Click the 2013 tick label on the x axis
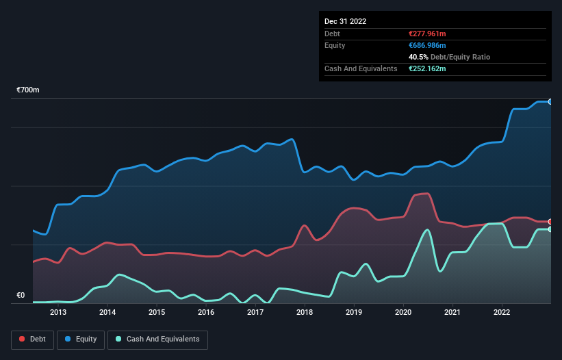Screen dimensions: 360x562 pyautogui.click(x=58, y=313)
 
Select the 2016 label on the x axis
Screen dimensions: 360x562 pyautogui.click(x=206, y=313)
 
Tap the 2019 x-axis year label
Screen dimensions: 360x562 pyautogui.click(x=354, y=313)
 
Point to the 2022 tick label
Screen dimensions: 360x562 pyautogui.click(x=502, y=313)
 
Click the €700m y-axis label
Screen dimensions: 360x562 pyautogui.click(x=28, y=90)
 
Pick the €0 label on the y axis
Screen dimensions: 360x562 pyautogui.click(x=21, y=296)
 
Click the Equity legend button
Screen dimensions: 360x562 pyautogui.click(x=80, y=339)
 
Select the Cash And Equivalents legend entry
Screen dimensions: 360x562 pyautogui.click(x=157, y=339)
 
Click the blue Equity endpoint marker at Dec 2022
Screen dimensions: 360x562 pyautogui.click(x=550, y=101)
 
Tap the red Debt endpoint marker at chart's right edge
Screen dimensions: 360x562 pyautogui.click(x=550, y=222)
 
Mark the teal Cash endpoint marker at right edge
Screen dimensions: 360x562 pyautogui.click(x=550, y=229)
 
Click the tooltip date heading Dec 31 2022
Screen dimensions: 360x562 pyautogui.click(x=345, y=21)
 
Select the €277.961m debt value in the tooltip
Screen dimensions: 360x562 pyautogui.click(x=427, y=34)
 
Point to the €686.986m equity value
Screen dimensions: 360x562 pyautogui.click(x=427, y=45)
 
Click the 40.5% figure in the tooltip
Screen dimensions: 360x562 pyautogui.click(x=419, y=57)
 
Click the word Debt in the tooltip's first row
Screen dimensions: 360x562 pyautogui.click(x=332, y=34)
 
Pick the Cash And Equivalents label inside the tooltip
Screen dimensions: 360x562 pyautogui.click(x=361, y=68)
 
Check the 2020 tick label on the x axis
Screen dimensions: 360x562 pyautogui.click(x=403, y=313)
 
